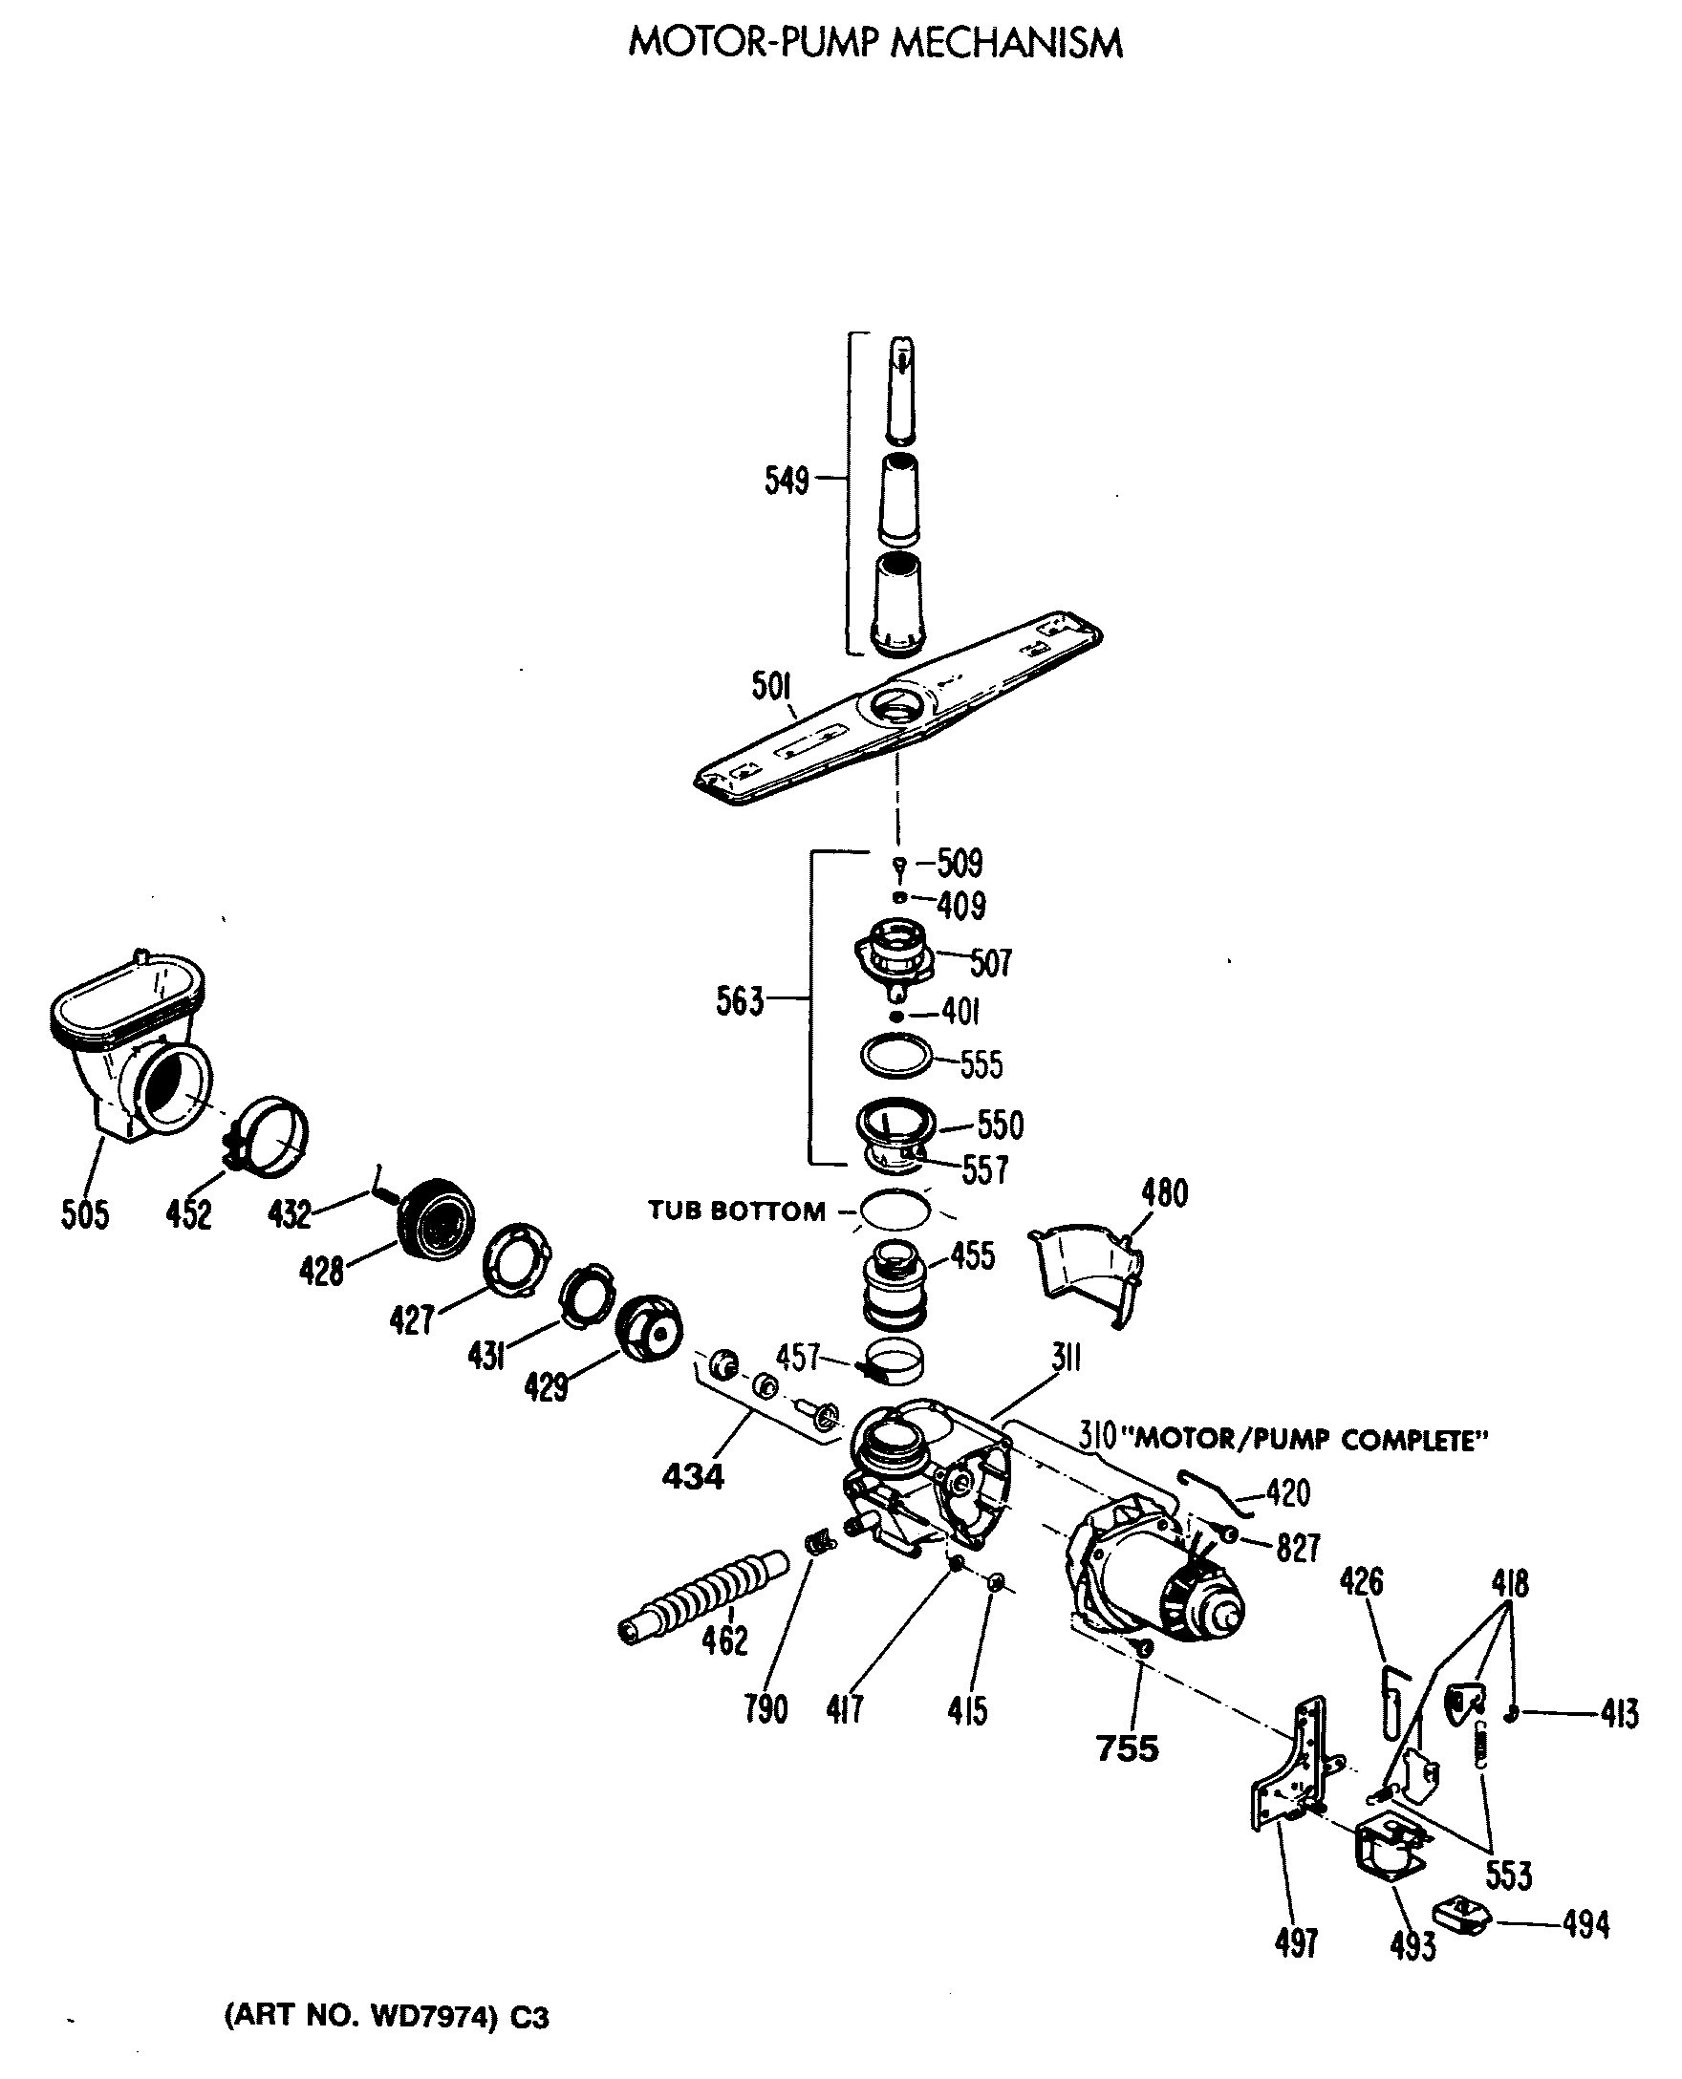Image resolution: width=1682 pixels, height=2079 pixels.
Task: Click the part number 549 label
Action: coord(786,480)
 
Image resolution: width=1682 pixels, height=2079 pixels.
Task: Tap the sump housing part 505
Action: coord(131,1046)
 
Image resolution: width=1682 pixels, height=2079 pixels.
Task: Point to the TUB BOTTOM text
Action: coord(737,1211)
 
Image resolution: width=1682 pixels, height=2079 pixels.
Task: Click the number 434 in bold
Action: coord(693,1476)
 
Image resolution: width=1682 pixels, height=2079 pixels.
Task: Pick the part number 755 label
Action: coord(1127,1747)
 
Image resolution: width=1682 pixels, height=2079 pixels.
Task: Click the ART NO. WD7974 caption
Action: coord(387,2017)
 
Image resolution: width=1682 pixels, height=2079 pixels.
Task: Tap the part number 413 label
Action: coord(1619,1714)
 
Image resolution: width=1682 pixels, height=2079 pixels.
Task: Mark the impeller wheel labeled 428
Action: coord(439,1220)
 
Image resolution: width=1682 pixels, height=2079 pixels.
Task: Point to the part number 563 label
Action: coord(740,1000)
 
